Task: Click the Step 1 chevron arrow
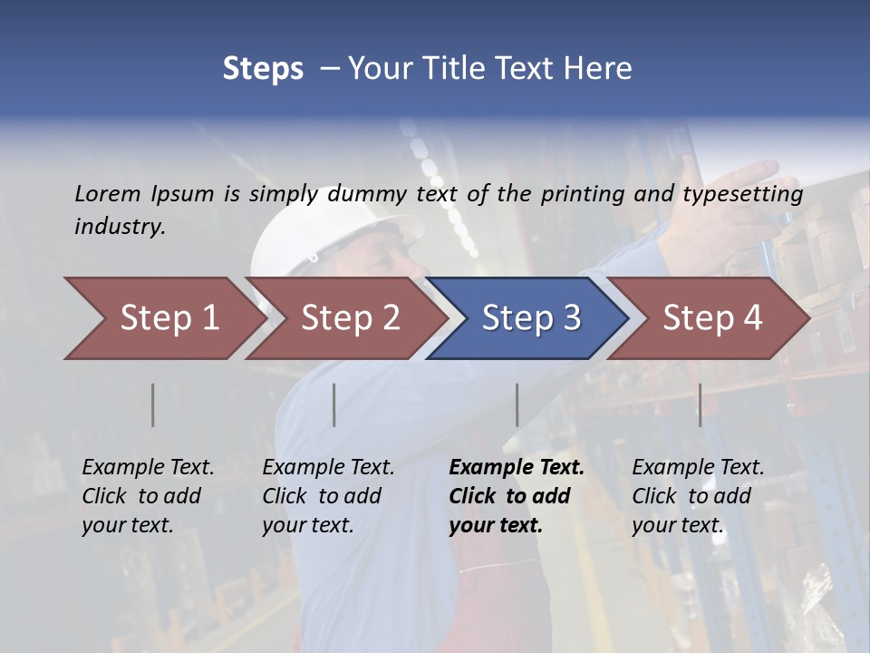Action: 163,318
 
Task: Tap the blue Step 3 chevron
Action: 529,318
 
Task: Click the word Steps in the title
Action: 263,69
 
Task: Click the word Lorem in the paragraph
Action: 107,193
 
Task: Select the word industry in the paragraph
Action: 120,227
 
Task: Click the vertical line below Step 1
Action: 153,404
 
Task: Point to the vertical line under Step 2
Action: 334,404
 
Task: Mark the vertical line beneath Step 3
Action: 517,404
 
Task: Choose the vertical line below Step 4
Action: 700,404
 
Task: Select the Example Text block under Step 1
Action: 148,496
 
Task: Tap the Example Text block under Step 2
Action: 328,496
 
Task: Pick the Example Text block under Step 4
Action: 698,496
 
